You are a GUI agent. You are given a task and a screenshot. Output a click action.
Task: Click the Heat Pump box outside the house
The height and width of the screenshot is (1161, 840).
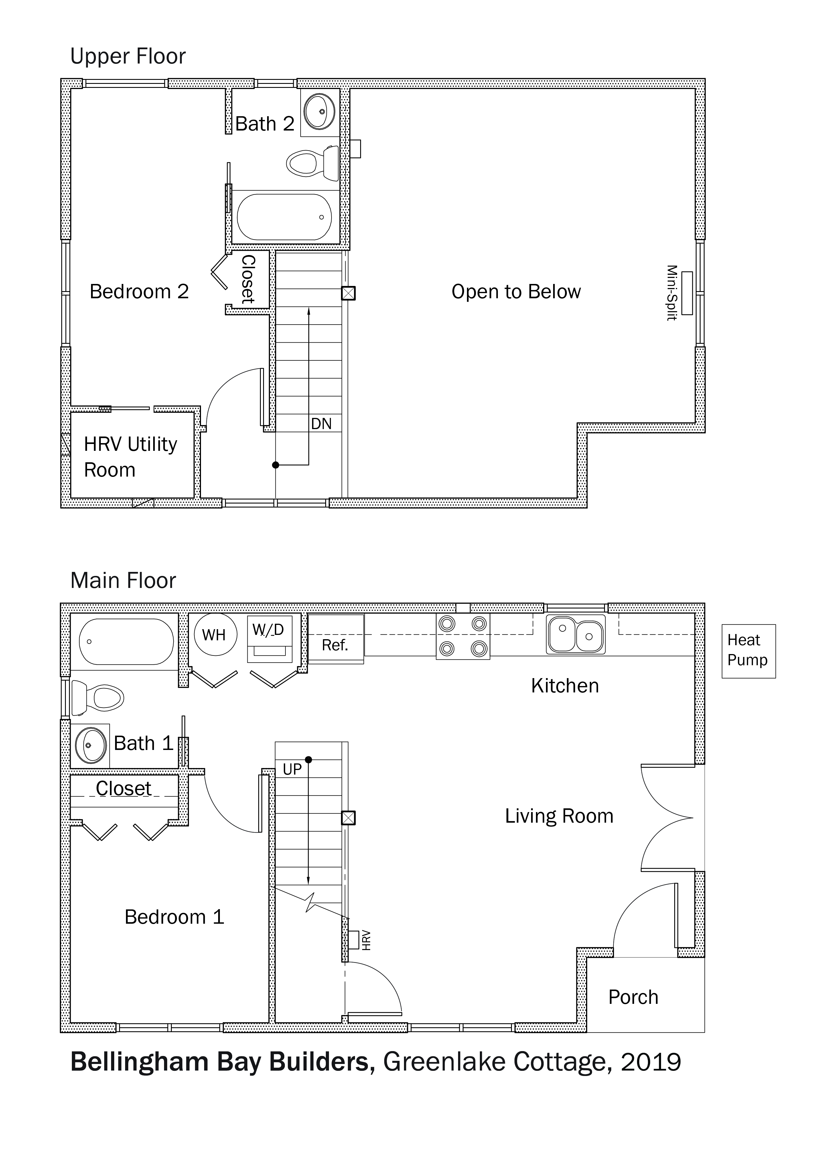pyautogui.click(x=748, y=651)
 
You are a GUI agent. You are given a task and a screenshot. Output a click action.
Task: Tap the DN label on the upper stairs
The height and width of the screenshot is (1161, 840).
pyautogui.click(x=322, y=424)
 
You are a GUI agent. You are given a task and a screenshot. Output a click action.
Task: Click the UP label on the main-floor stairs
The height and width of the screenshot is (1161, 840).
pyautogui.click(x=292, y=769)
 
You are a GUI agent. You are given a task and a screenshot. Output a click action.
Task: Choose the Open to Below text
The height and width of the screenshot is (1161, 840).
pyautogui.click(x=516, y=292)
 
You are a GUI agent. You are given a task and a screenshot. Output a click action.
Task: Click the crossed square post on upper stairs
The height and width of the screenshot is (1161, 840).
pyautogui.click(x=348, y=293)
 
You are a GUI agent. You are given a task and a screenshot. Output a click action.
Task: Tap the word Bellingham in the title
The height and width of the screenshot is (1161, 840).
pyautogui.click(x=139, y=1062)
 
